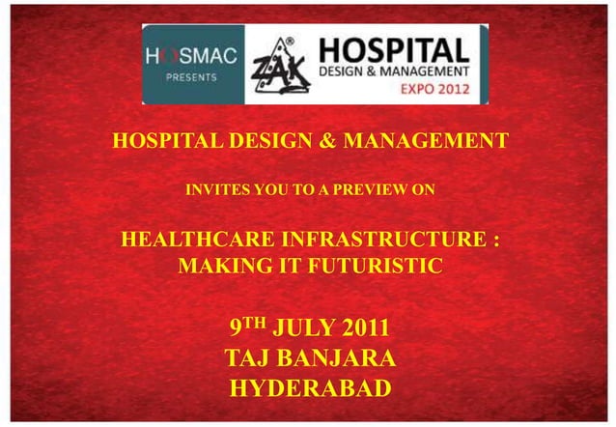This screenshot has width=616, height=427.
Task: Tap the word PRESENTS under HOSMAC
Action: point(190,78)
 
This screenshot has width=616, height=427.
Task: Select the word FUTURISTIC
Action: point(369,264)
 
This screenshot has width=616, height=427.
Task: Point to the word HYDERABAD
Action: point(309,389)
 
